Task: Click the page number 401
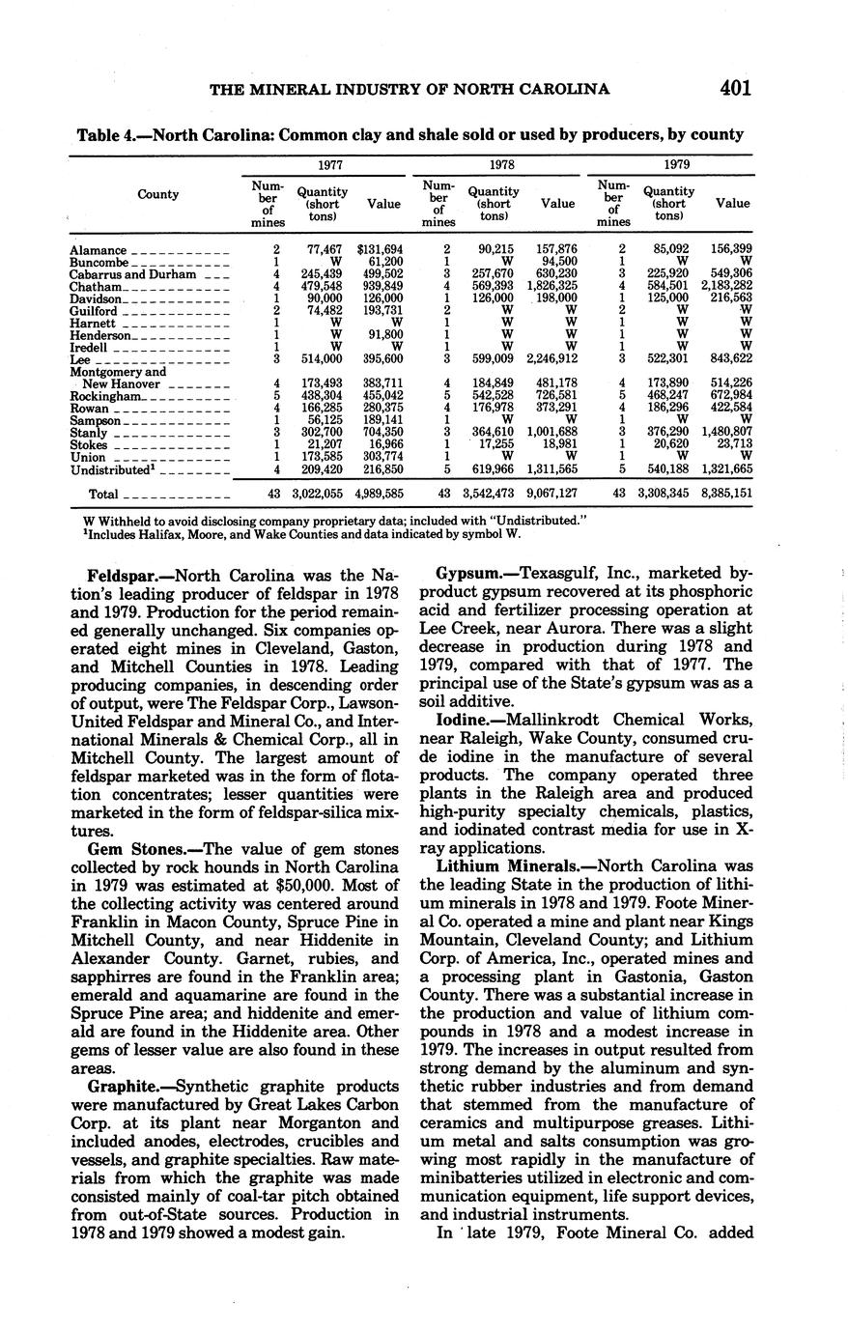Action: (x=735, y=89)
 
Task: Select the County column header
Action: (x=157, y=194)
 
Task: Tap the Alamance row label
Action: (x=98, y=250)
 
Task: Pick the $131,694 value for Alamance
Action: (x=379, y=250)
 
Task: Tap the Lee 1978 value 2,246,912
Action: (x=552, y=359)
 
